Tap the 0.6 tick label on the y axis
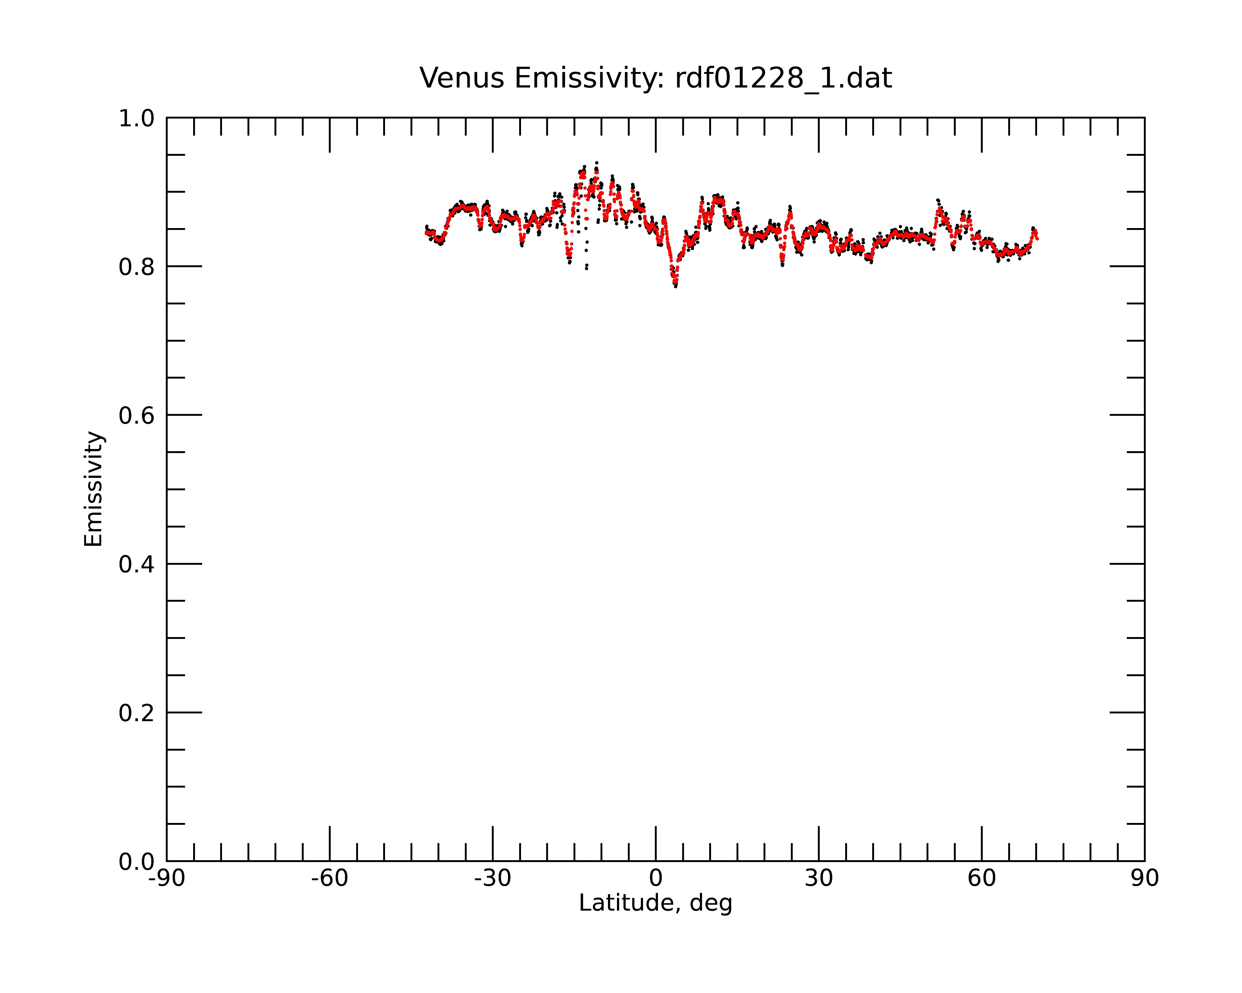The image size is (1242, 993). (x=137, y=416)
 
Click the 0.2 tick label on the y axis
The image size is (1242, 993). (x=137, y=713)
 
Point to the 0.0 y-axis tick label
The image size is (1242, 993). (x=137, y=862)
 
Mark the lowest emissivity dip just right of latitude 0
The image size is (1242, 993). (x=675, y=285)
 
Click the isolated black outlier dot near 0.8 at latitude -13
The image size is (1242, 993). (x=587, y=268)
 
